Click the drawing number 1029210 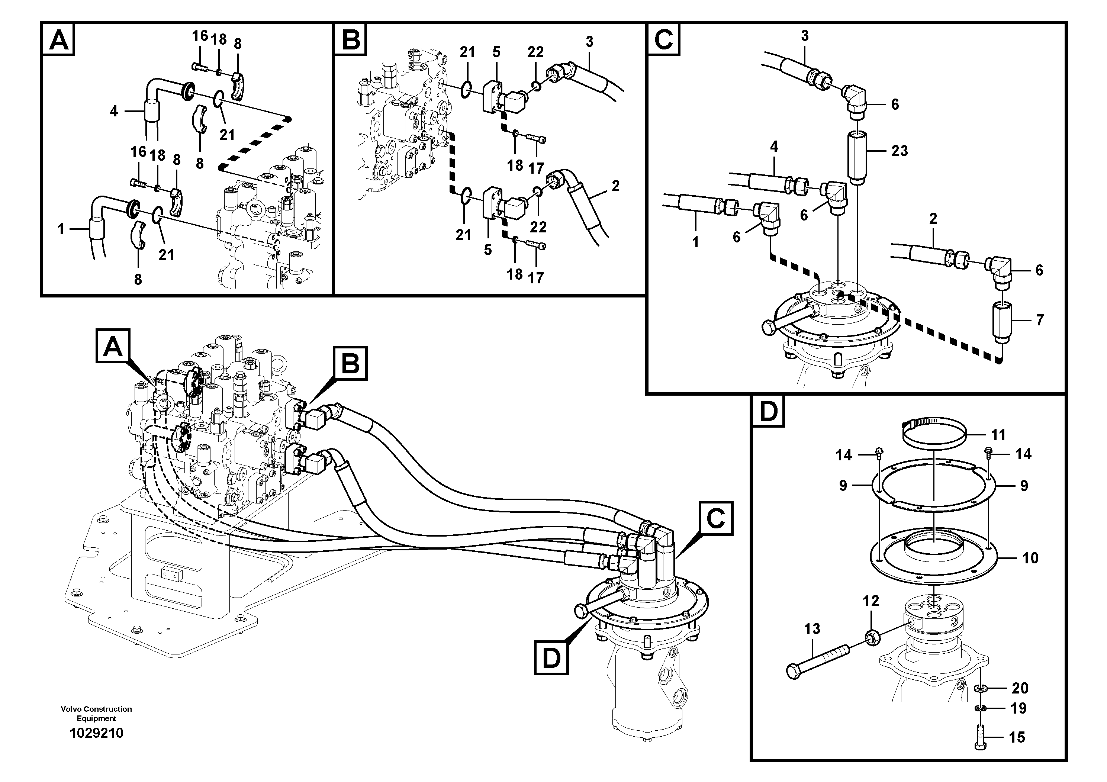pyautogui.click(x=96, y=733)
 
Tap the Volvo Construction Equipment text pyautogui.click(x=96, y=714)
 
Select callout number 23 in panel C pyautogui.click(x=899, y=151)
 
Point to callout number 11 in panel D pyautogui.click(x=998, y=435)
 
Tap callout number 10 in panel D pyautogui.click(x=1030, y=558)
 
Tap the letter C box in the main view pyautogui.click(x=716, y=518)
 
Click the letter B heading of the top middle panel pyautogui.click(x=351, y=39)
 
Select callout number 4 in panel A pyautogui.click(x=113, y=112)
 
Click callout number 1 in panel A pyautogui.click(x=61, y=229)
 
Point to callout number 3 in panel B pyautogui.click(x=589, y=42)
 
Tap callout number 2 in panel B pyautogui.click(x=615, y=186)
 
